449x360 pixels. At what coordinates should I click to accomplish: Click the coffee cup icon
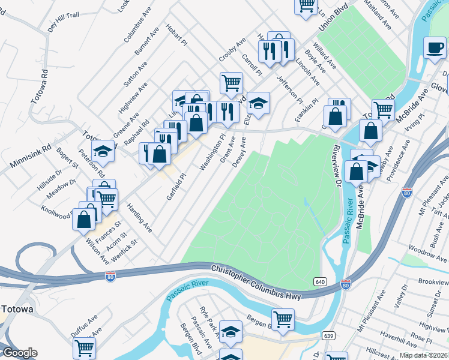point(435,47)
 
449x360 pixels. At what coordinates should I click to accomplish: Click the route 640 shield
point(319,281)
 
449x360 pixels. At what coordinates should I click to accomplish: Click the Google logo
point(20,353)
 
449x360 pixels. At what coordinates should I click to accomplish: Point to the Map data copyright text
point(424,355)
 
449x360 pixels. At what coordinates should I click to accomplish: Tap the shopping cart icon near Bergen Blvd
point(282,318)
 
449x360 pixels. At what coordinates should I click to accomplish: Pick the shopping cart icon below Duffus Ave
point(84,347)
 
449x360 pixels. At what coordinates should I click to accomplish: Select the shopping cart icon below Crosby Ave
point(231,82)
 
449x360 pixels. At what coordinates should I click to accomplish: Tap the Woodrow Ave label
point(427,248)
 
